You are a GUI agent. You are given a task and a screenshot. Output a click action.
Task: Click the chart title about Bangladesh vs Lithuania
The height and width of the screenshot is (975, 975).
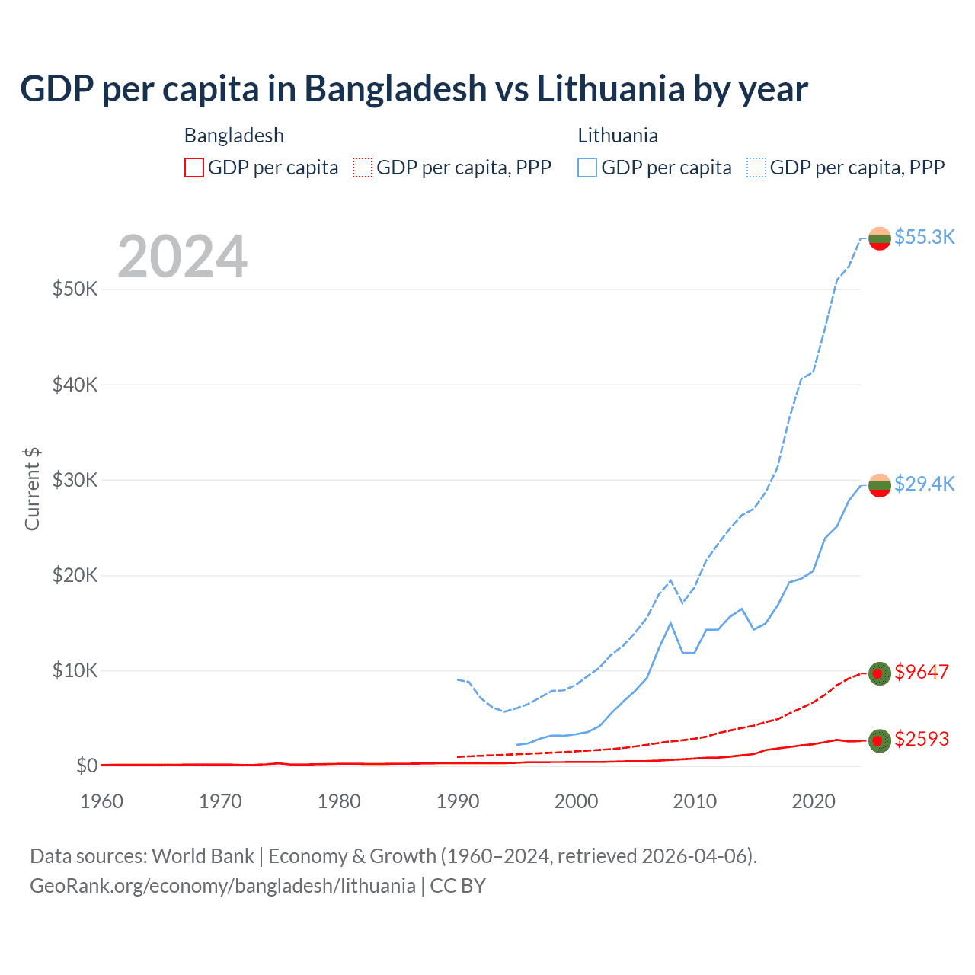point(414,89)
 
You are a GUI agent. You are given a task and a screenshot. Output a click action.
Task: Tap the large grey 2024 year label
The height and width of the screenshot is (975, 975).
point(182,257)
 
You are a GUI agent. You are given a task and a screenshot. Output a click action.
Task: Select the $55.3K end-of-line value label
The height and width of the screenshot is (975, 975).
point(924,237)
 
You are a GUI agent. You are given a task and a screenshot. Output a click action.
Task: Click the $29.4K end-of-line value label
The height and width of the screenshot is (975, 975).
point(924,484)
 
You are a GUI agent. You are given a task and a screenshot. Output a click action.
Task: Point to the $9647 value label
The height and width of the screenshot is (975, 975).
point(922,672)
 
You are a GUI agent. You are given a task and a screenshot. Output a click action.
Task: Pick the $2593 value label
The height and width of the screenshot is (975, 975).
point(922,739)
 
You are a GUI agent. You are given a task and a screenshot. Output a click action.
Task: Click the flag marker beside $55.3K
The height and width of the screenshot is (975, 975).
point(880,238)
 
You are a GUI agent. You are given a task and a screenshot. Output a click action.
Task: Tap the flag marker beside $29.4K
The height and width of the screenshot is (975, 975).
point(880,485)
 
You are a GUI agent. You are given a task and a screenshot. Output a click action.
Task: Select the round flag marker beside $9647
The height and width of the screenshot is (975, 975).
point(880,673)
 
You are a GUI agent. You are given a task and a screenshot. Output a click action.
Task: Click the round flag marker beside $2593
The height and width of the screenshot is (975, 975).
point(880,740)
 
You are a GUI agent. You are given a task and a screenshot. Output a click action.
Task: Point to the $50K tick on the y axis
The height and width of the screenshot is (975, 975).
point(75,289)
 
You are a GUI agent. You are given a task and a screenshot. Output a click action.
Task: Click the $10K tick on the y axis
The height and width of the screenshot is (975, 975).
point(75,670)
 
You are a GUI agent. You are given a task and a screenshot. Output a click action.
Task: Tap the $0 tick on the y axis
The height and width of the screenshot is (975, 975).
point(87,766)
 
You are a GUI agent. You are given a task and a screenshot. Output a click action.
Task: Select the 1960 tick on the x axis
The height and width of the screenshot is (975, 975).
point(102,801)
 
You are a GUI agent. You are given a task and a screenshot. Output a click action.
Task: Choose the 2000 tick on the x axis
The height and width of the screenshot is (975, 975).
point(577,801)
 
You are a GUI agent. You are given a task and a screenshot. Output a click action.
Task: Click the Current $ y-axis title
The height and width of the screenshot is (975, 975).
point(32,489)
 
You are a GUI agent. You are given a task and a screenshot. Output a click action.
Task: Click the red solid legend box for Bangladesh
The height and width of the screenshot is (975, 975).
point(194,168)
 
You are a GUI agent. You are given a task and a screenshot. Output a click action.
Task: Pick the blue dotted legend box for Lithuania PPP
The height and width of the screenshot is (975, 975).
point(756,168)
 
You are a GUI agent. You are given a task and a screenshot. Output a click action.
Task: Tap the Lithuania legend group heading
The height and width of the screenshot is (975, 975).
point(618,136)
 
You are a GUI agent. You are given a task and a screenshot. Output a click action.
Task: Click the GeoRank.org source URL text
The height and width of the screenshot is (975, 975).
point(222,886)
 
